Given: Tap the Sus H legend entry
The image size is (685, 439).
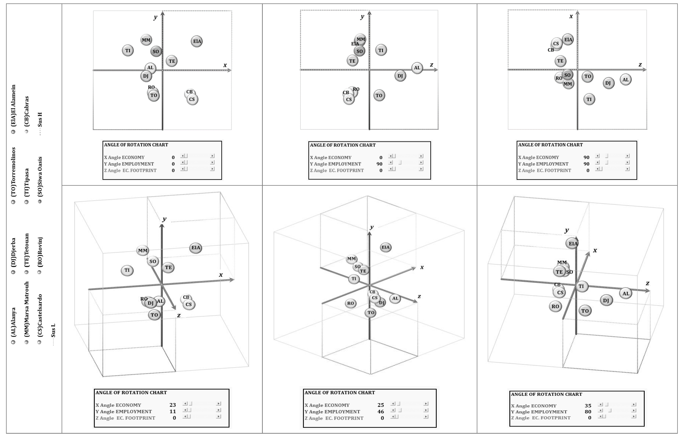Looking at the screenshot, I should click(40, 120).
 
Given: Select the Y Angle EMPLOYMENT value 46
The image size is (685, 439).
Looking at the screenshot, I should click(381, 412).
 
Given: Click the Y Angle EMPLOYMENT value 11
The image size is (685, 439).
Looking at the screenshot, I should click(173, 411).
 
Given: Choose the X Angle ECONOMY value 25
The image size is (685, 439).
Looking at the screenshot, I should click(381, 405).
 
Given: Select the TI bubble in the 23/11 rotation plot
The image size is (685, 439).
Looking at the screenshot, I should click(127, 270).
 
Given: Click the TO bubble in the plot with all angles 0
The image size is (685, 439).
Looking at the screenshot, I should click(154, 95).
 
